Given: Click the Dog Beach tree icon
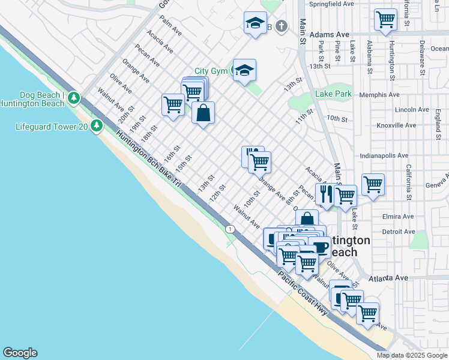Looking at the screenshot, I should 74,97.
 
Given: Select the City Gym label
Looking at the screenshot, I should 210,71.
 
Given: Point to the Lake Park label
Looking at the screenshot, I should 333,94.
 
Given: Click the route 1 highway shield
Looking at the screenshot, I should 230,229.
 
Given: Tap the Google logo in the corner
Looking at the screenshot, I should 20,353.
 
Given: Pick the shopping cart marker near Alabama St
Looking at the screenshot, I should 385,19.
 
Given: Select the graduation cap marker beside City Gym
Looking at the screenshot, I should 244,70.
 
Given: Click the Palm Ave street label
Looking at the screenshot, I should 171,27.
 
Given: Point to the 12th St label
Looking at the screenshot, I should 217,193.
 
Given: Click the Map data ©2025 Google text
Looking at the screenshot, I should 411,355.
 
